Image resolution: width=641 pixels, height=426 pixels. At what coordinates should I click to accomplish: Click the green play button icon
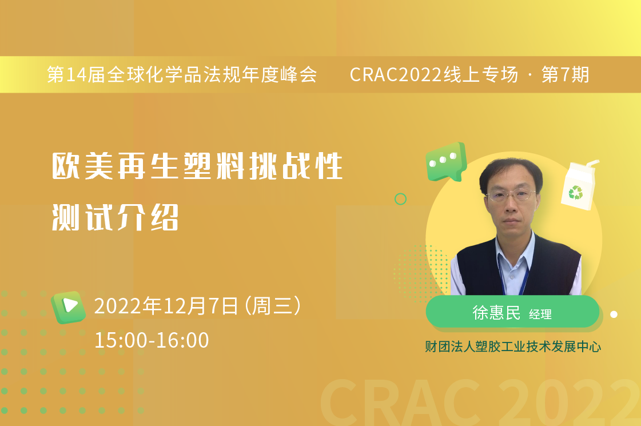click(68, 307)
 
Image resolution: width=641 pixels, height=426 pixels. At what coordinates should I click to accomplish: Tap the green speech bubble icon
click(446, 162)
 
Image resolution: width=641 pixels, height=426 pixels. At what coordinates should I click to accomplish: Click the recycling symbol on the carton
click(576, 192)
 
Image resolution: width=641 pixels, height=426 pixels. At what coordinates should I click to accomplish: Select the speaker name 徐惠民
click(496, 313)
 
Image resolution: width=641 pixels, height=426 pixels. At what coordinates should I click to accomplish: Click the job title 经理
click(540, 314)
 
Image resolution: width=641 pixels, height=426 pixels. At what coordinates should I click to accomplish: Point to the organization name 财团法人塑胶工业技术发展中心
click(513, 347)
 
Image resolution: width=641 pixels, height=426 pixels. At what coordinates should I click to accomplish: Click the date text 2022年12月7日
click(166, 306)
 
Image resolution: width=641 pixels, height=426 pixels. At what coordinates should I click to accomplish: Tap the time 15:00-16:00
click(152, 340)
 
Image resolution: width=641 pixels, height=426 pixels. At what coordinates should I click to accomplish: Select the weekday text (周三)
click(273, 306)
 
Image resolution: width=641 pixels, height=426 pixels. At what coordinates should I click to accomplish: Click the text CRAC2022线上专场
click(434, 75)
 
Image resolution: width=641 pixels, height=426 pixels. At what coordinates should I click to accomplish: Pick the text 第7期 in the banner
click(566, 75)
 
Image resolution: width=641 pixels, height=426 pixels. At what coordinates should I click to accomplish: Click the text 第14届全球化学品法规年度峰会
click(182, 75)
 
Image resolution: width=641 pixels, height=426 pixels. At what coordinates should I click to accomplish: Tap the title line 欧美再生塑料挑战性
click(197, 166)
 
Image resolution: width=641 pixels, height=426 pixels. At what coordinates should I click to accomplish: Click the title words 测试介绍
click(116, 217)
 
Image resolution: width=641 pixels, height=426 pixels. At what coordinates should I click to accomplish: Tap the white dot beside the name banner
click(614, 314)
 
